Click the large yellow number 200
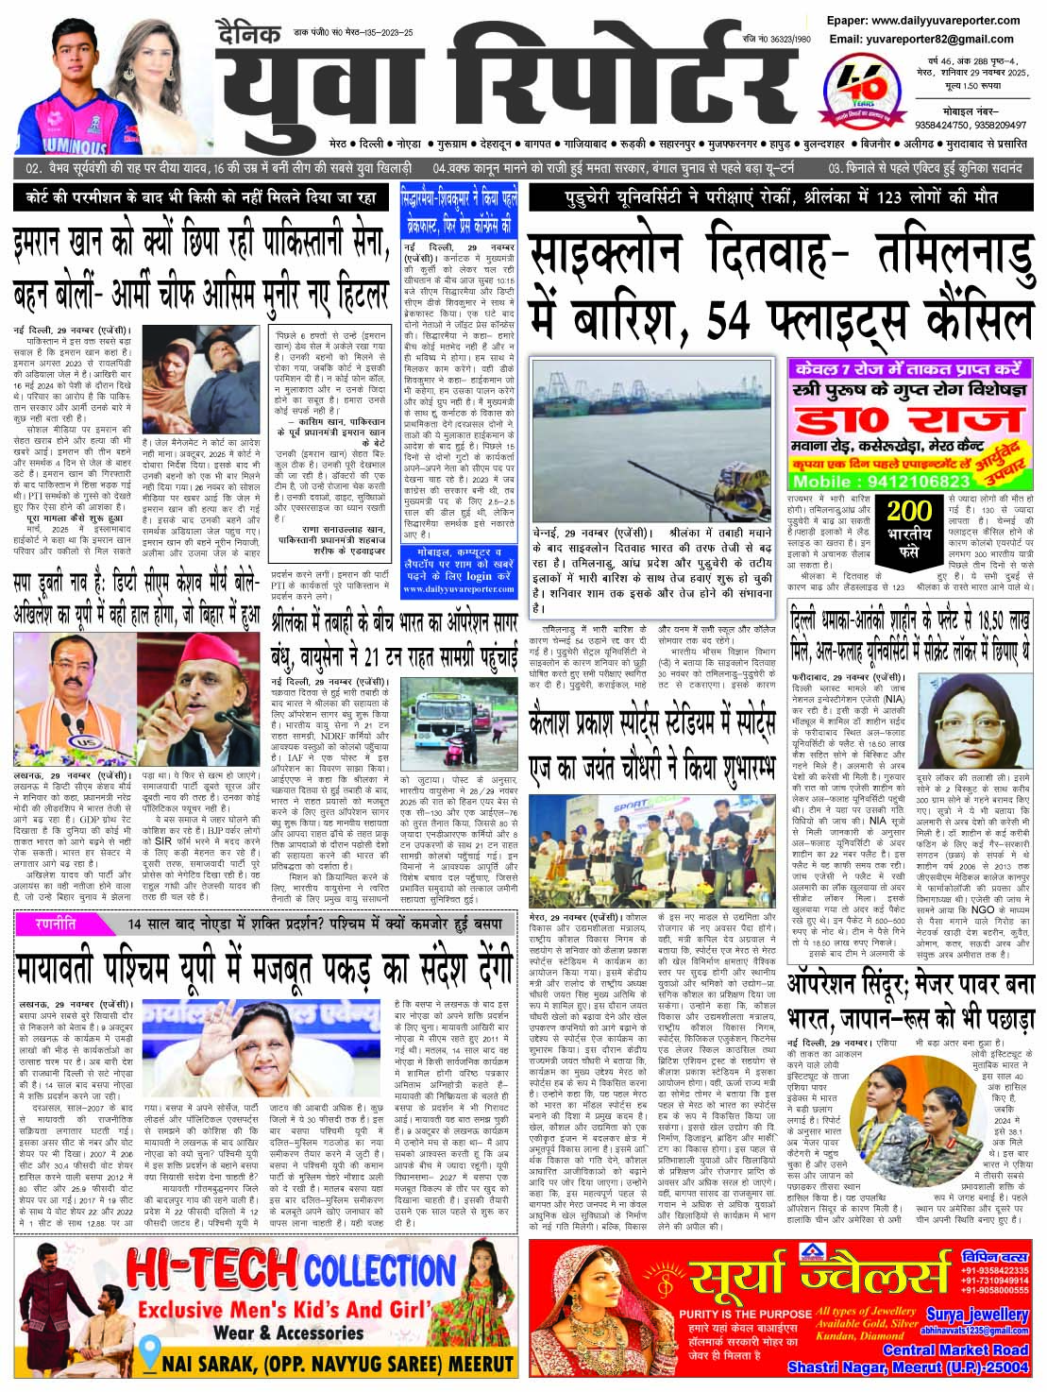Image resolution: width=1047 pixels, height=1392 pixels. [909, 512]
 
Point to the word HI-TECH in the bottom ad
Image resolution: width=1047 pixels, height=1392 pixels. [212, 1270]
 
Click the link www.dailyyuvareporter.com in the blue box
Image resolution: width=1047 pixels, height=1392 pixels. [458, 588]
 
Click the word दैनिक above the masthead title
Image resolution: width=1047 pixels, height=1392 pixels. [248, 34]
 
